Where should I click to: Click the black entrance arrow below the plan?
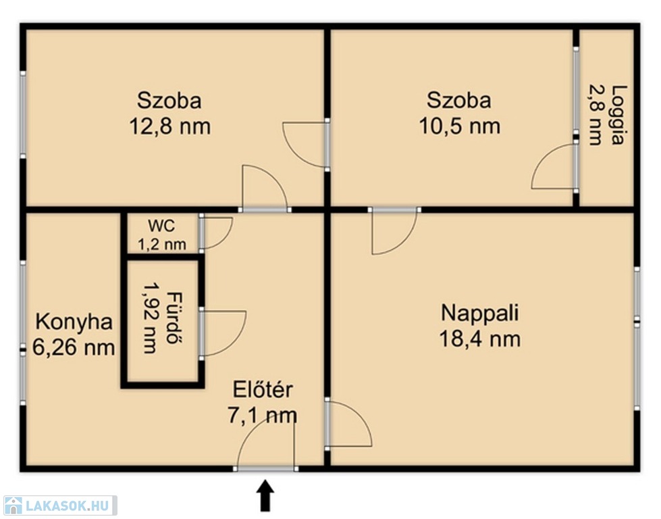pos(265,495)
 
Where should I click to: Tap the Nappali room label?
pos(480,313)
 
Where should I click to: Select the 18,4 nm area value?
pos(480,339)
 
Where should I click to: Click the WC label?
pos(161,226)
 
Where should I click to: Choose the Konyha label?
pos(74,322)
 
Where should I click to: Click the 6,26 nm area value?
pos(74,348)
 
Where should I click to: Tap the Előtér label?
pos(263,389)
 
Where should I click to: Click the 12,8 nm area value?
pos(170,126)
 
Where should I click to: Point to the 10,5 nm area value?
pos(460,126)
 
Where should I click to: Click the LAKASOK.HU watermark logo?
pos(59,505)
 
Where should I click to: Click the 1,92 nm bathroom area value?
pos(150,318)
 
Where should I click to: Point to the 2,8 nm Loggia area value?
pos(596,115)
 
